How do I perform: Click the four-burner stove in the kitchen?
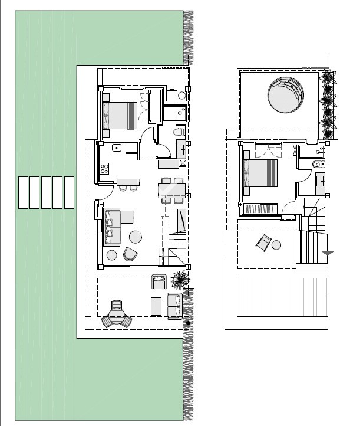(x=104, y=168)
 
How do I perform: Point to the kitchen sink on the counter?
(x=117, y=148)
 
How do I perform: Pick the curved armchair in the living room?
(x=130, y=254)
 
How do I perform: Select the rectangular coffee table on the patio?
(x=157, y=306)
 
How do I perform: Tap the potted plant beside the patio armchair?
(x=181, y=277)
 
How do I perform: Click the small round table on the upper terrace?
(x=277, y=245)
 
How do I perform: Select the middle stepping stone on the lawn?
(x=46, y=192)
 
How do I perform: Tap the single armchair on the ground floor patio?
(x=159, y=282)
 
